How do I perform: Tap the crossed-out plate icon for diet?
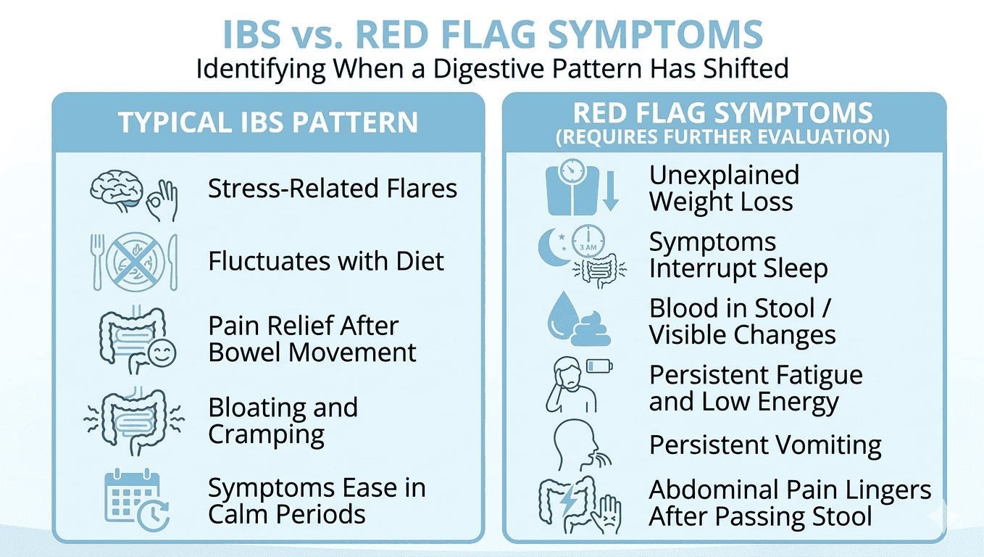point(133,260)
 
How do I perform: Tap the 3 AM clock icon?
point(588,244)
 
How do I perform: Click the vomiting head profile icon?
point(577,445)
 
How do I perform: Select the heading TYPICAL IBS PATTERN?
point(268,122)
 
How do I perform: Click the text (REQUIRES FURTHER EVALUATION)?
point(722,138)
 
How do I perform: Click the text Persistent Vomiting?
point(765,445)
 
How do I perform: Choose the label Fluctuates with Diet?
point(326,261)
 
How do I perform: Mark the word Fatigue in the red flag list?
point(819,376)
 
